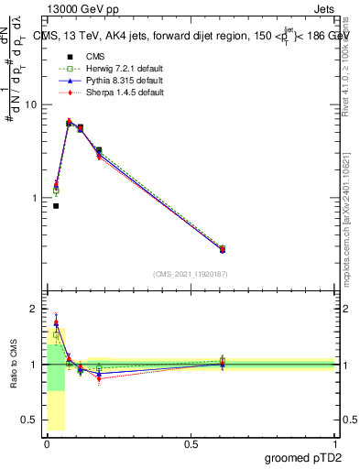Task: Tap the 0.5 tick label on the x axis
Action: [191, 444]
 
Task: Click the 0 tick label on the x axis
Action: [47, 444]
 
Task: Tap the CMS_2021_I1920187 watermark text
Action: [191, 274]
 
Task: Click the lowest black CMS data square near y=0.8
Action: [56, 206]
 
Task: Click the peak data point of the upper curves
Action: [69, 122]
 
